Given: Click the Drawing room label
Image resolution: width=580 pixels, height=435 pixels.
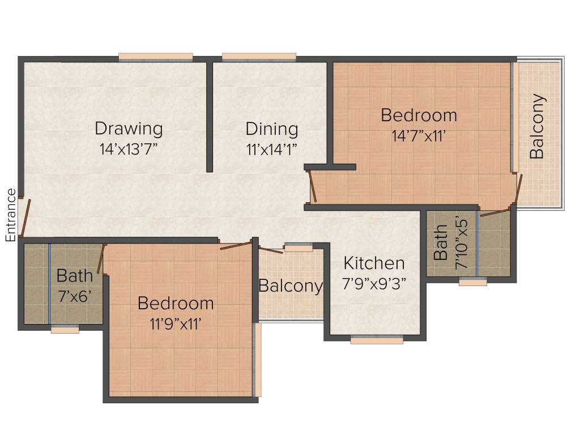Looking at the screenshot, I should tap(129, 129).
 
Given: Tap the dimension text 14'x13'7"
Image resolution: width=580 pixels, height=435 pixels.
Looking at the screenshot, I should tap(129, 149).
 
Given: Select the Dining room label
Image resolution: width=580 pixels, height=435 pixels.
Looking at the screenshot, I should tap(272, 129).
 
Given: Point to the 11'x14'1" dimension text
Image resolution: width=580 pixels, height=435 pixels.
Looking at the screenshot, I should tap(272, 149).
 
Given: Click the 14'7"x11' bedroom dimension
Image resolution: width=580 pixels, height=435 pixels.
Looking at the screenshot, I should tap(419, 136).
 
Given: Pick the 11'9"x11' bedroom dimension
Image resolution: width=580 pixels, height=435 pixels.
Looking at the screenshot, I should tap(176, 324).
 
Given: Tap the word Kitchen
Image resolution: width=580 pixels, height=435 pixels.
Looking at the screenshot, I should tap(374, 263).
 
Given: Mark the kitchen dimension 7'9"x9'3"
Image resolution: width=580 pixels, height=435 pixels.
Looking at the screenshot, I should tap(374, 283).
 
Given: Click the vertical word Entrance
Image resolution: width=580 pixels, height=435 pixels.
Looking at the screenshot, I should tap(11, 215).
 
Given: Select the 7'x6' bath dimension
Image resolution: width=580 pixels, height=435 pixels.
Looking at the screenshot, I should tap(75, 296).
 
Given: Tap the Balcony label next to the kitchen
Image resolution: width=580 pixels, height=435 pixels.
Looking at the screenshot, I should tap(291, 286).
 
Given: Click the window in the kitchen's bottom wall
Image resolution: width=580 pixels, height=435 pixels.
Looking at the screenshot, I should tap(377, 340).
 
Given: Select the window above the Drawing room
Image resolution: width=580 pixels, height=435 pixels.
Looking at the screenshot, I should tap(156, 57).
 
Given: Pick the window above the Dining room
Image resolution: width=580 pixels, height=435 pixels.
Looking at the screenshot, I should tap(259, 57).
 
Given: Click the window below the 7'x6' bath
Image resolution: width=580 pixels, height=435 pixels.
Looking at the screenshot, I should tap(65, 329).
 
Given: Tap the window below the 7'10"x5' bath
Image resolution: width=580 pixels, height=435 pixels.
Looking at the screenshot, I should tap(473, 282).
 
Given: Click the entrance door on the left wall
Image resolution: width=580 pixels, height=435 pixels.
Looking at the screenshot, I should tap(22, 217).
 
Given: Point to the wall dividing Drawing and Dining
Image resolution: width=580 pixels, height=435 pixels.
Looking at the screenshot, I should tap(210, 116).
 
